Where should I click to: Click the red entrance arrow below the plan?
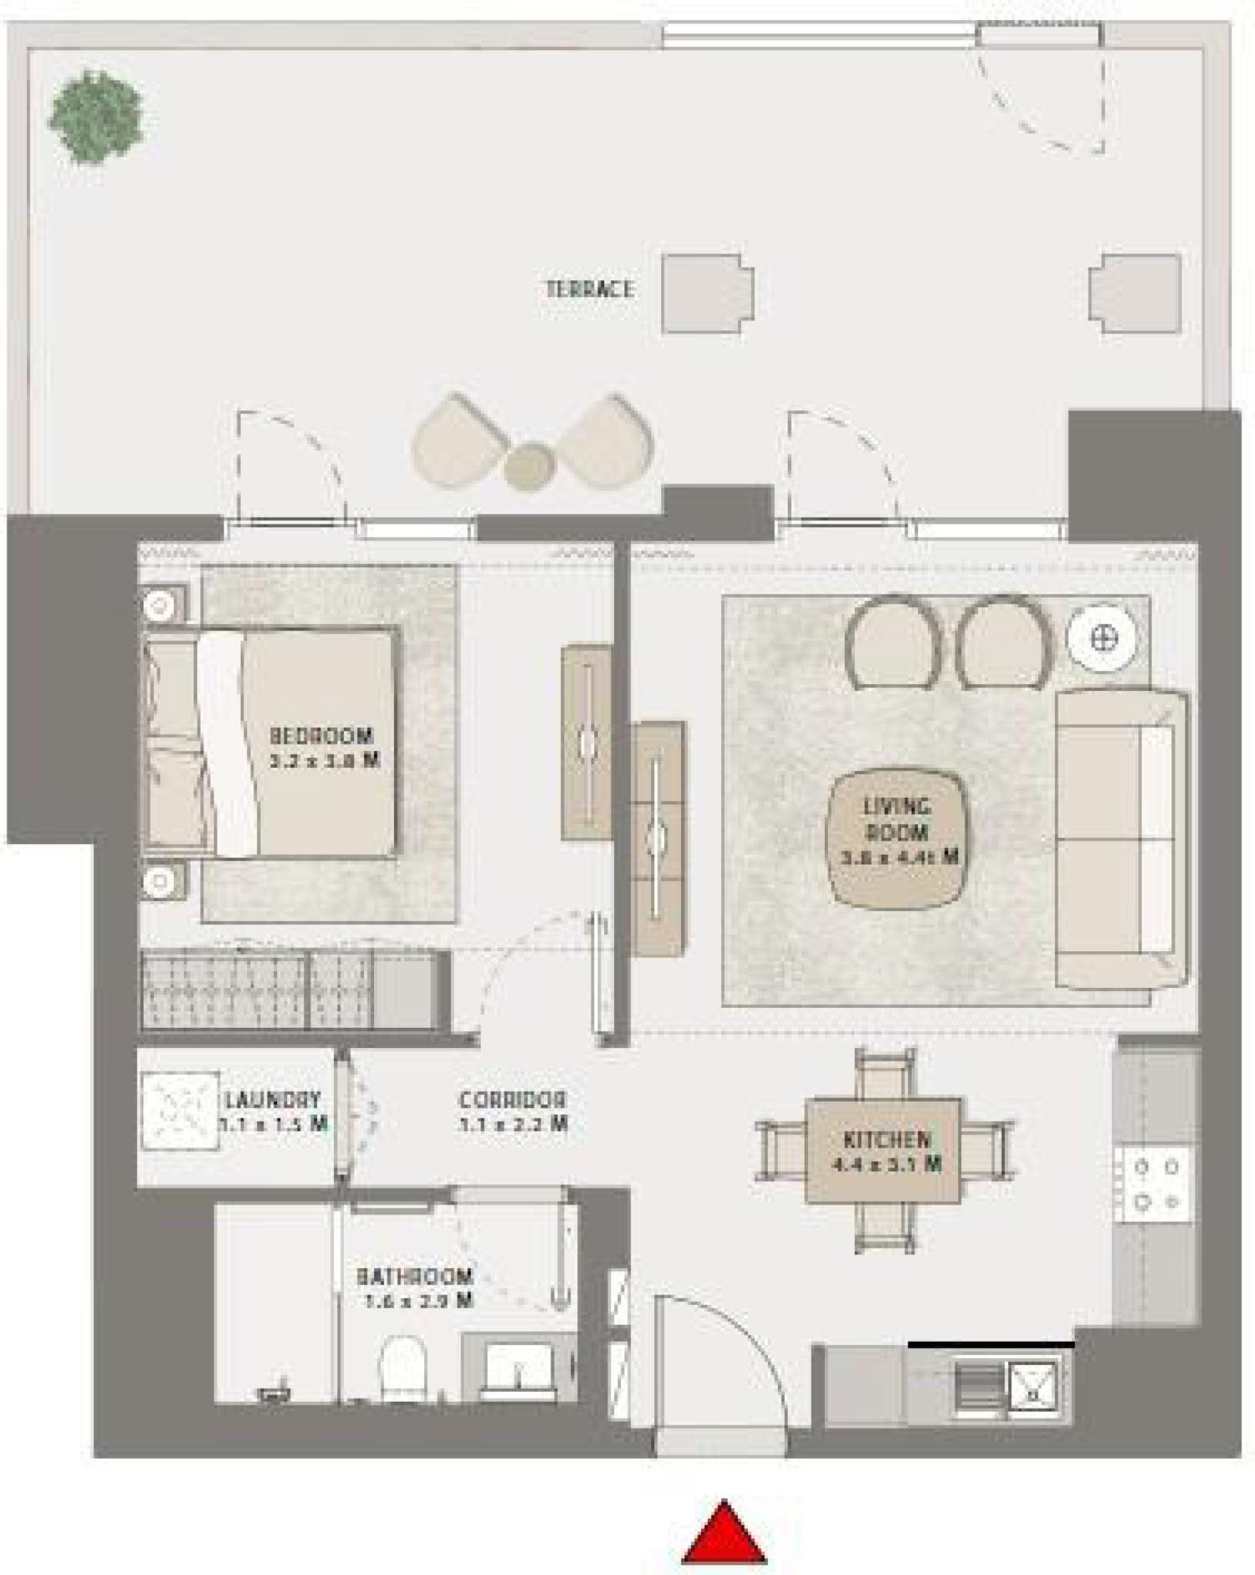[724, 1536]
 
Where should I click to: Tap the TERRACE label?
[590, 289]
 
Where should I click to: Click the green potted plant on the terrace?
[95, 116]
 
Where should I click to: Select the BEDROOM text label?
[321, 736]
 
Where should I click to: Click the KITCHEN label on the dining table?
[886, 1140]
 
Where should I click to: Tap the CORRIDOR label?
[513, 1100]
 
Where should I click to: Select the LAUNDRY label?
[273, 1099]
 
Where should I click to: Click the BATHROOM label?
[415, 1277]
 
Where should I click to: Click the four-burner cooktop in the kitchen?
[1155, 1182]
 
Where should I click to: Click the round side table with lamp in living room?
[1101, 637]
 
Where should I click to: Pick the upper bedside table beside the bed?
[162, 601]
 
